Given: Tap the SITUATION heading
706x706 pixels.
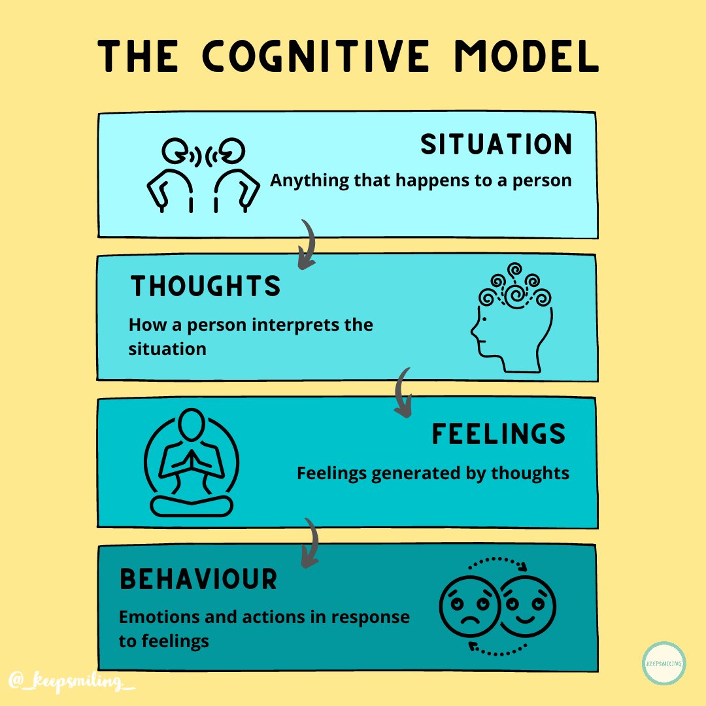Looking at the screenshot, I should pos(496,145).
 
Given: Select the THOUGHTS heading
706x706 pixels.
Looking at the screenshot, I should pos(205,286).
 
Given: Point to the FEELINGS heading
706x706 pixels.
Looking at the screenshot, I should pos(498,435).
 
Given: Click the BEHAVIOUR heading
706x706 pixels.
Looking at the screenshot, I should pos(198,579).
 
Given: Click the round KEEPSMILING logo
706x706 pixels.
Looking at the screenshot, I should pos(664,664).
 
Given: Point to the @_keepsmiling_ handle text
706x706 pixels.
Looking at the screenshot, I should pos(72,681).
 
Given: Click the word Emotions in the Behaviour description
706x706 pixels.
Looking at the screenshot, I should pos(157,616).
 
